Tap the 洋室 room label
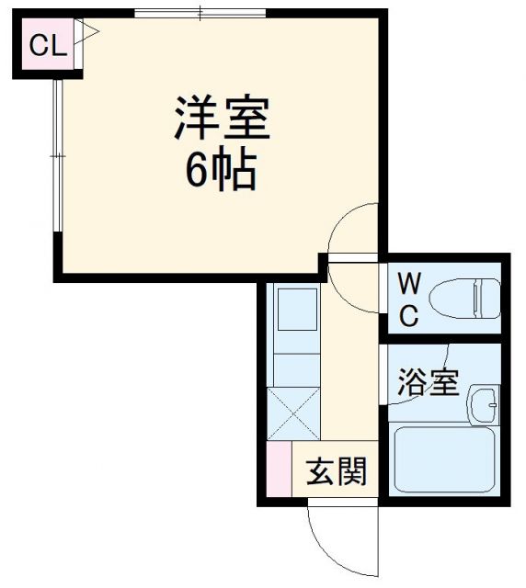(222, 119)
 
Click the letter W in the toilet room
(409, 281)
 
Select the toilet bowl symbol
(468, 298)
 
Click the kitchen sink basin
(297, 310)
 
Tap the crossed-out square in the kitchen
(293, 414)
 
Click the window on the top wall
(201, 13)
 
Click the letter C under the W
(409, 317)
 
